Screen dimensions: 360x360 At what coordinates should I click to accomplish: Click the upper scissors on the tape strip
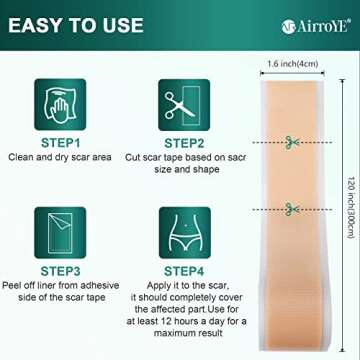[290, 139]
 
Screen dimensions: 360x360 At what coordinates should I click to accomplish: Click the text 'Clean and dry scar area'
[57, 157]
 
